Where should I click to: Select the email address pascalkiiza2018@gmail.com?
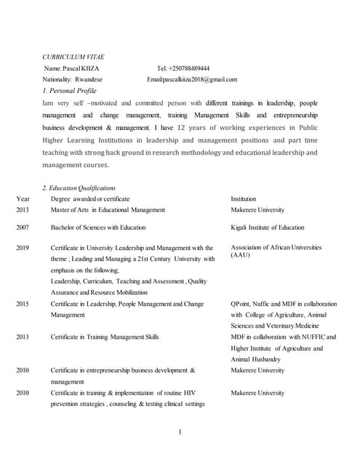tap(202, 79)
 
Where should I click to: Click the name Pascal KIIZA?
tap(86, 68)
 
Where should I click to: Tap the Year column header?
tap(23, 198)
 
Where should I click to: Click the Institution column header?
tap(244, 198)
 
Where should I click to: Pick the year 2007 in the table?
tap(23, 227)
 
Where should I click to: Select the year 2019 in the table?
tap(23, 248)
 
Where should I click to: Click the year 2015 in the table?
tap(23, 304)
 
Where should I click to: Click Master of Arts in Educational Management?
tap(108, 210)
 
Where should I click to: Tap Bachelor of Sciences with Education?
tap(98, 227)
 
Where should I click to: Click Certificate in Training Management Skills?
tap(105, 337)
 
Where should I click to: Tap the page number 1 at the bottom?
tap(180, 432)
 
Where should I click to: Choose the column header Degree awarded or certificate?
tap(90, 198)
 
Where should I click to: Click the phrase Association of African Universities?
tap(276, 247)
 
